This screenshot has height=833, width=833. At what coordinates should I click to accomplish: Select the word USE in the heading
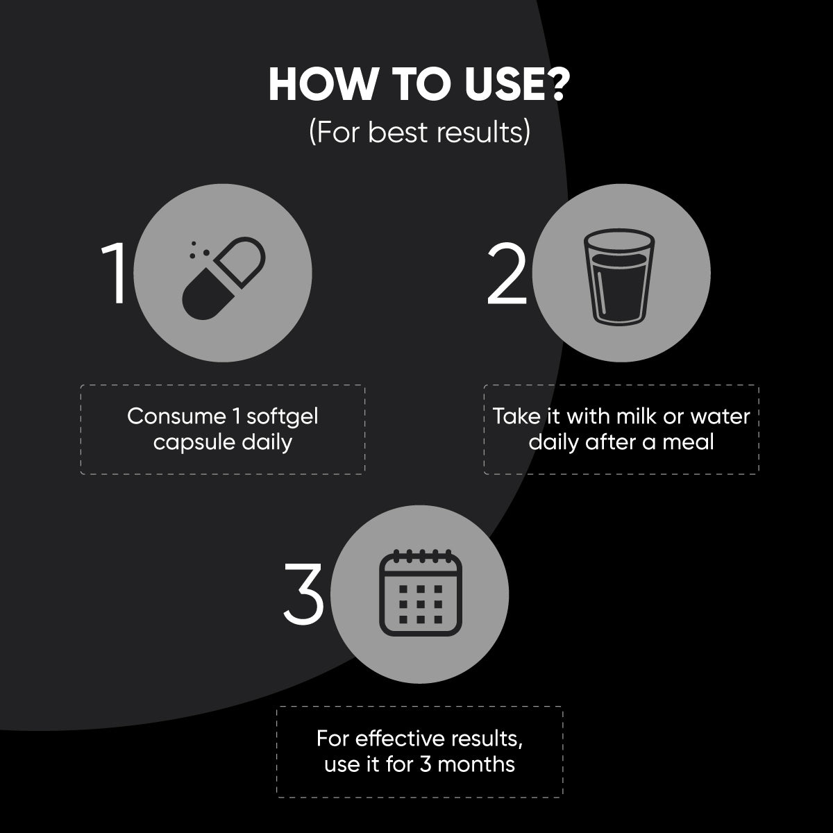[x=499, y=85]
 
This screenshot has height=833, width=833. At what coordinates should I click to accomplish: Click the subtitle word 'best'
[x=397, y=132]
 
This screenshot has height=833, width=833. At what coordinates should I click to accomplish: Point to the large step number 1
[x=116, y=274]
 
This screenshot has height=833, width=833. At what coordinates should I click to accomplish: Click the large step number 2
[x=507, y=274]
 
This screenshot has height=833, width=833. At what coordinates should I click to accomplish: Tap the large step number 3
[x=304, y=594]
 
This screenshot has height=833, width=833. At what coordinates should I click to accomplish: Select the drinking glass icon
[x=619, y=277]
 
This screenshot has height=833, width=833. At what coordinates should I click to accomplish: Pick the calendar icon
[x=421, y=593]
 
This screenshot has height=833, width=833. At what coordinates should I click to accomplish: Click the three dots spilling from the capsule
[x=199, y=250]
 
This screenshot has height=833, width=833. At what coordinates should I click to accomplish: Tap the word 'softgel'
[x=283, y=416]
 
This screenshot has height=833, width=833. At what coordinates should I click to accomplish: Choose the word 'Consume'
[x=176, y=416]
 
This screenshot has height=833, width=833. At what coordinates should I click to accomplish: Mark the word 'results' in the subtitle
[x=480, y=132]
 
